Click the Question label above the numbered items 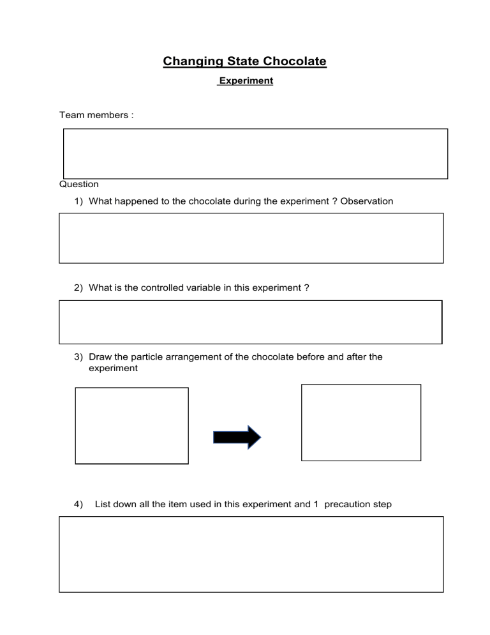(79, 184)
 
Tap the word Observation (367, 201)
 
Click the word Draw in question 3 (101, 357)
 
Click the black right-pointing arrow (237, 437)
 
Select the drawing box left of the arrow (132, 425)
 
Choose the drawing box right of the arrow (361, 422)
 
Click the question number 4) (78, 504)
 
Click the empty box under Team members (255, 154)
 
